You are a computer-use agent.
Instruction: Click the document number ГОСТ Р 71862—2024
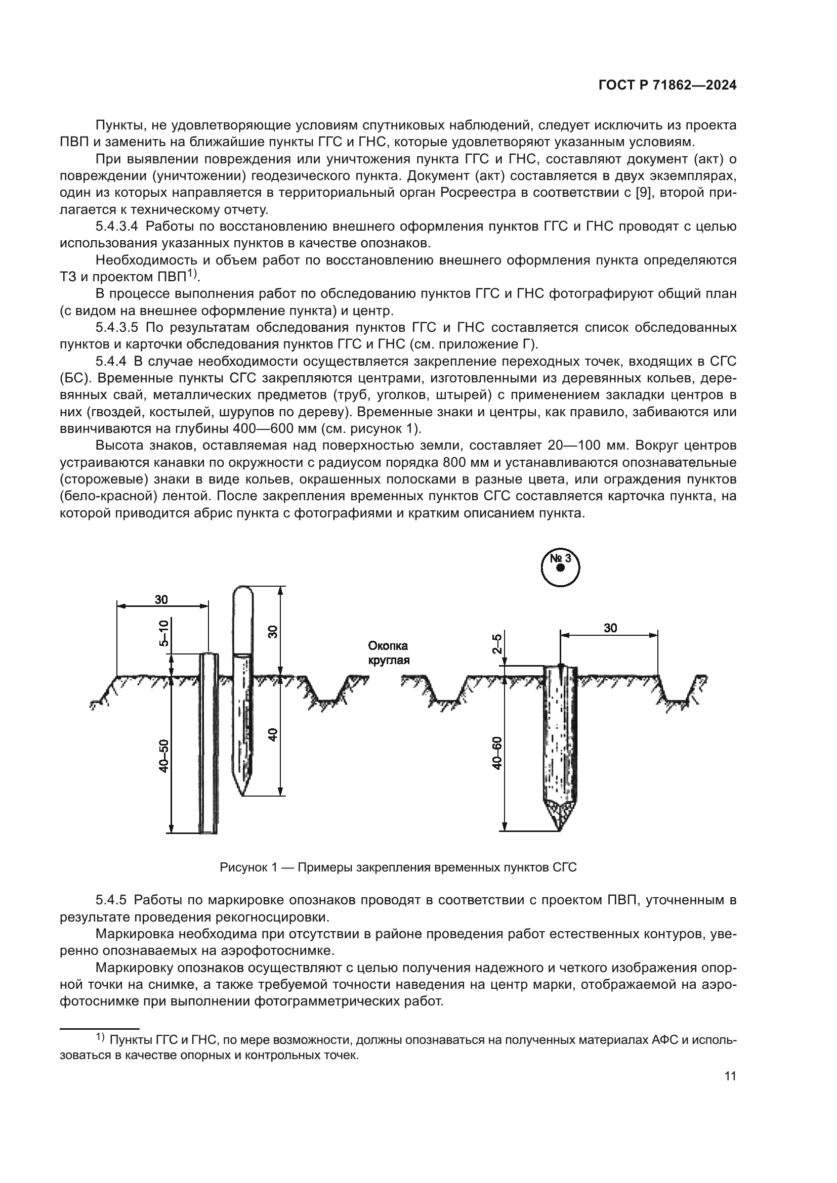point(667,85)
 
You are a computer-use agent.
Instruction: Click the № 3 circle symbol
point(561,567)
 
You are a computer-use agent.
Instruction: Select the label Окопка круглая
point(388,653)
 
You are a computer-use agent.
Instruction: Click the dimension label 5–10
point(163,633)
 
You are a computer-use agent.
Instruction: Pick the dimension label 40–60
point(497,753)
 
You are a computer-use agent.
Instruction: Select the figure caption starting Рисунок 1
point(398,867)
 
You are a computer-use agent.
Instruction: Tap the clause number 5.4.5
point(111,900)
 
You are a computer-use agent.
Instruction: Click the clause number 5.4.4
point(111,361)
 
